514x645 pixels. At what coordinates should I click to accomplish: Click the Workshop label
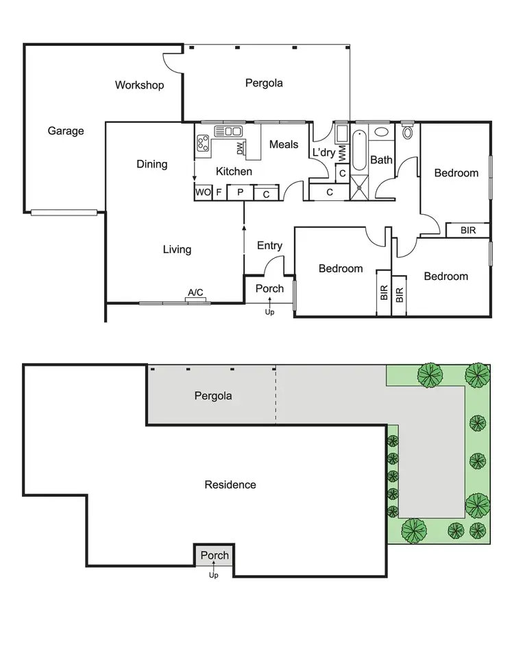coord(139,86)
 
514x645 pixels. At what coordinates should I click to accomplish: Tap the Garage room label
coord(66,131)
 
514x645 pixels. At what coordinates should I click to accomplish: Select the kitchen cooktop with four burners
coord(204,143)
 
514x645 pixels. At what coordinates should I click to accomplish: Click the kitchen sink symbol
coord(229,131)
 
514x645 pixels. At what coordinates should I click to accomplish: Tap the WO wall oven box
coord(203,193)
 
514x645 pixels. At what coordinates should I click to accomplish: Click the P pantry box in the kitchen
coord(240,193)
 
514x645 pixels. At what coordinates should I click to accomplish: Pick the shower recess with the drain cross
coord(359,185)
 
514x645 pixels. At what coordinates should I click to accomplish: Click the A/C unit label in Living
coord(196,294)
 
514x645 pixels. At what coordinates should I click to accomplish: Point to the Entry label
coord(269,246)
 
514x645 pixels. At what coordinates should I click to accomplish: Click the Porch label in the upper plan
coord(269,289)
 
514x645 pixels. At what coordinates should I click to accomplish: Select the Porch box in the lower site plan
coord(215,555)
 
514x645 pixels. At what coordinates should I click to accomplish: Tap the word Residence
coord(230,484)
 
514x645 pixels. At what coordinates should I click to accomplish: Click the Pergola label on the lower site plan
coord(212,396)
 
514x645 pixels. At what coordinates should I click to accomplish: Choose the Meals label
coord(284,144)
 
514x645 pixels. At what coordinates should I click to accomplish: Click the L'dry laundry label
coord(323,153)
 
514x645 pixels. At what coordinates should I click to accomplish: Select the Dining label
coord(151,164)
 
